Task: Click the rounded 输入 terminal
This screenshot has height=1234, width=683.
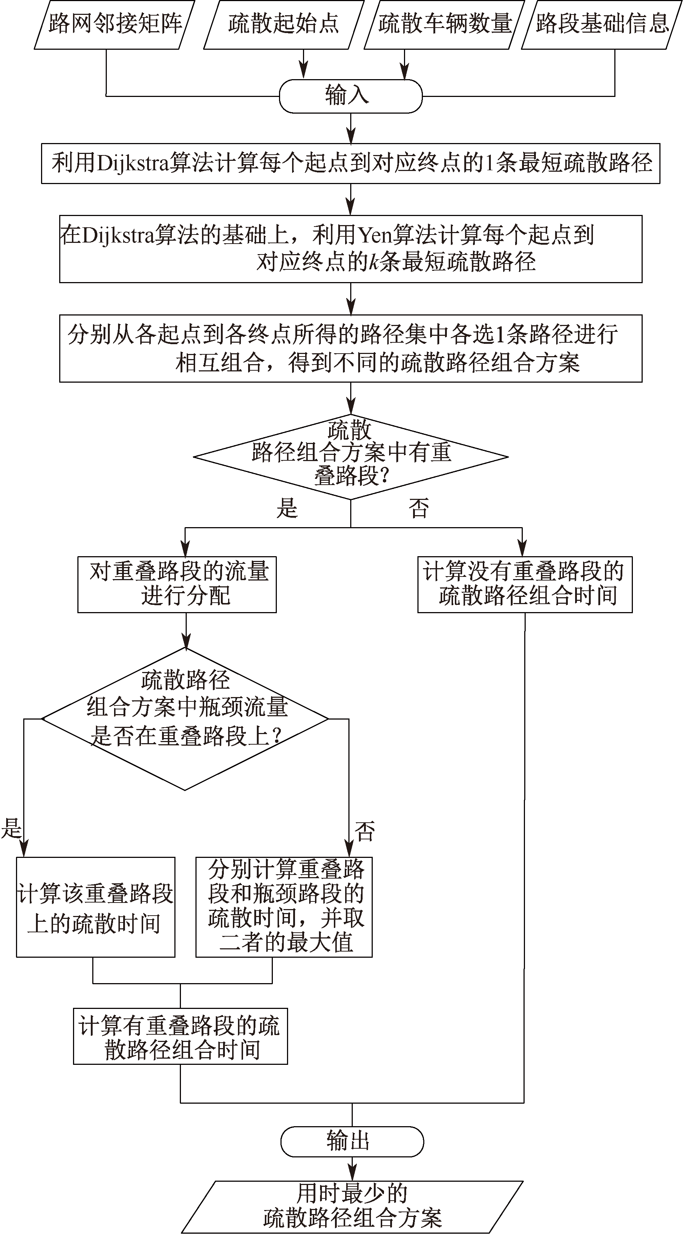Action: tap(351, 96)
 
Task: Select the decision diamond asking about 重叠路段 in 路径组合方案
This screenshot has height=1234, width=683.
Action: tap(351, 456)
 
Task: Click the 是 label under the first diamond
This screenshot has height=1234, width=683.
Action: tap(287, 508)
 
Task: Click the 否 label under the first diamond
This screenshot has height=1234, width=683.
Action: tap(419, 508)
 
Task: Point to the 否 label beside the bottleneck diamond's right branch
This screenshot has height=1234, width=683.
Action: tap(364, 831)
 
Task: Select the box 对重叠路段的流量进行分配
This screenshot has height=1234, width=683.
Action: tap(177, 585)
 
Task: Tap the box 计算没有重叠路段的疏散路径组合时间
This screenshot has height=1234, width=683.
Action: tap(525, 585)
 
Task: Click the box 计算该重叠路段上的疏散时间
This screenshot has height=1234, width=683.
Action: tap(96, 907)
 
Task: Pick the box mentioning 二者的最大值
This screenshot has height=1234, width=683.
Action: tap(284, 907)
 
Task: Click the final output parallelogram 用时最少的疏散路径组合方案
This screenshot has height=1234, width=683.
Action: tap(352, 1207)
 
